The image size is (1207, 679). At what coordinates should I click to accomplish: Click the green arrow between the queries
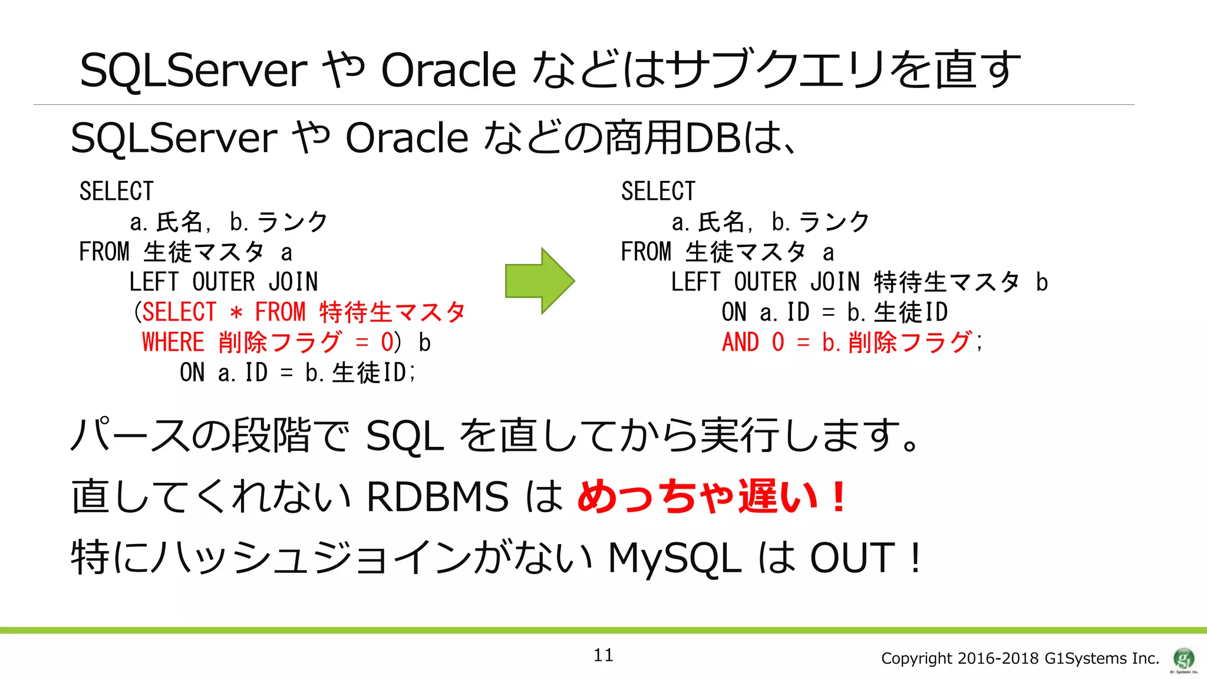click(x=539, y=281)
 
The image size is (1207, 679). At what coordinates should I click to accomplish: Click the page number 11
click(x=603, y=655)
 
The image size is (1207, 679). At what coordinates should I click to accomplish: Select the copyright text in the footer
click(x=1020, y=658)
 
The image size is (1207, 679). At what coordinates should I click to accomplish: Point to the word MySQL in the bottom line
click(x=674, y=558)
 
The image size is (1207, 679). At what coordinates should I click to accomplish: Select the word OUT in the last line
click(x=852, y=558)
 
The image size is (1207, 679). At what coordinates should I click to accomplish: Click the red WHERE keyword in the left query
click(x=173, y=342)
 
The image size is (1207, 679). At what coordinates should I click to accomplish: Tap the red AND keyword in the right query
click(x=740, y=342)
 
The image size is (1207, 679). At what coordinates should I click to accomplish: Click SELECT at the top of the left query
click(x=117, y=192)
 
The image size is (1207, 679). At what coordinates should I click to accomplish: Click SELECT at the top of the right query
click(x=658, y=192)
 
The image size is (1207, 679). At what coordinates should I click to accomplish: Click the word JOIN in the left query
click(x=293, y=282)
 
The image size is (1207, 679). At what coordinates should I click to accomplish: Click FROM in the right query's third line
click(x=646, y=252)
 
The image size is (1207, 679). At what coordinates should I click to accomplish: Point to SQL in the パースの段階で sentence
click(x=404, y=436)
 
